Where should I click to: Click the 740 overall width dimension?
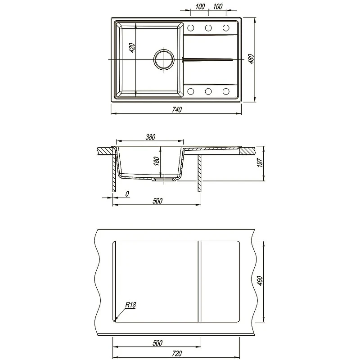point(177,110)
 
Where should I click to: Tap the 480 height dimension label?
point(251,59)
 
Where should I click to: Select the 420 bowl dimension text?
point(132,48)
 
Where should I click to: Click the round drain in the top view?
point(164,60)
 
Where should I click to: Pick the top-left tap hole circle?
point(190,28)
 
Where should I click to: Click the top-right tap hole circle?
point(226,28)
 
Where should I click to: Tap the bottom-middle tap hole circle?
point(208,91)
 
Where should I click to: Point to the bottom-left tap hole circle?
point(190,91)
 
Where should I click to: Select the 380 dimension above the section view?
point(150,137)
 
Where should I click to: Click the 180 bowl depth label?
point(157,161)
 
